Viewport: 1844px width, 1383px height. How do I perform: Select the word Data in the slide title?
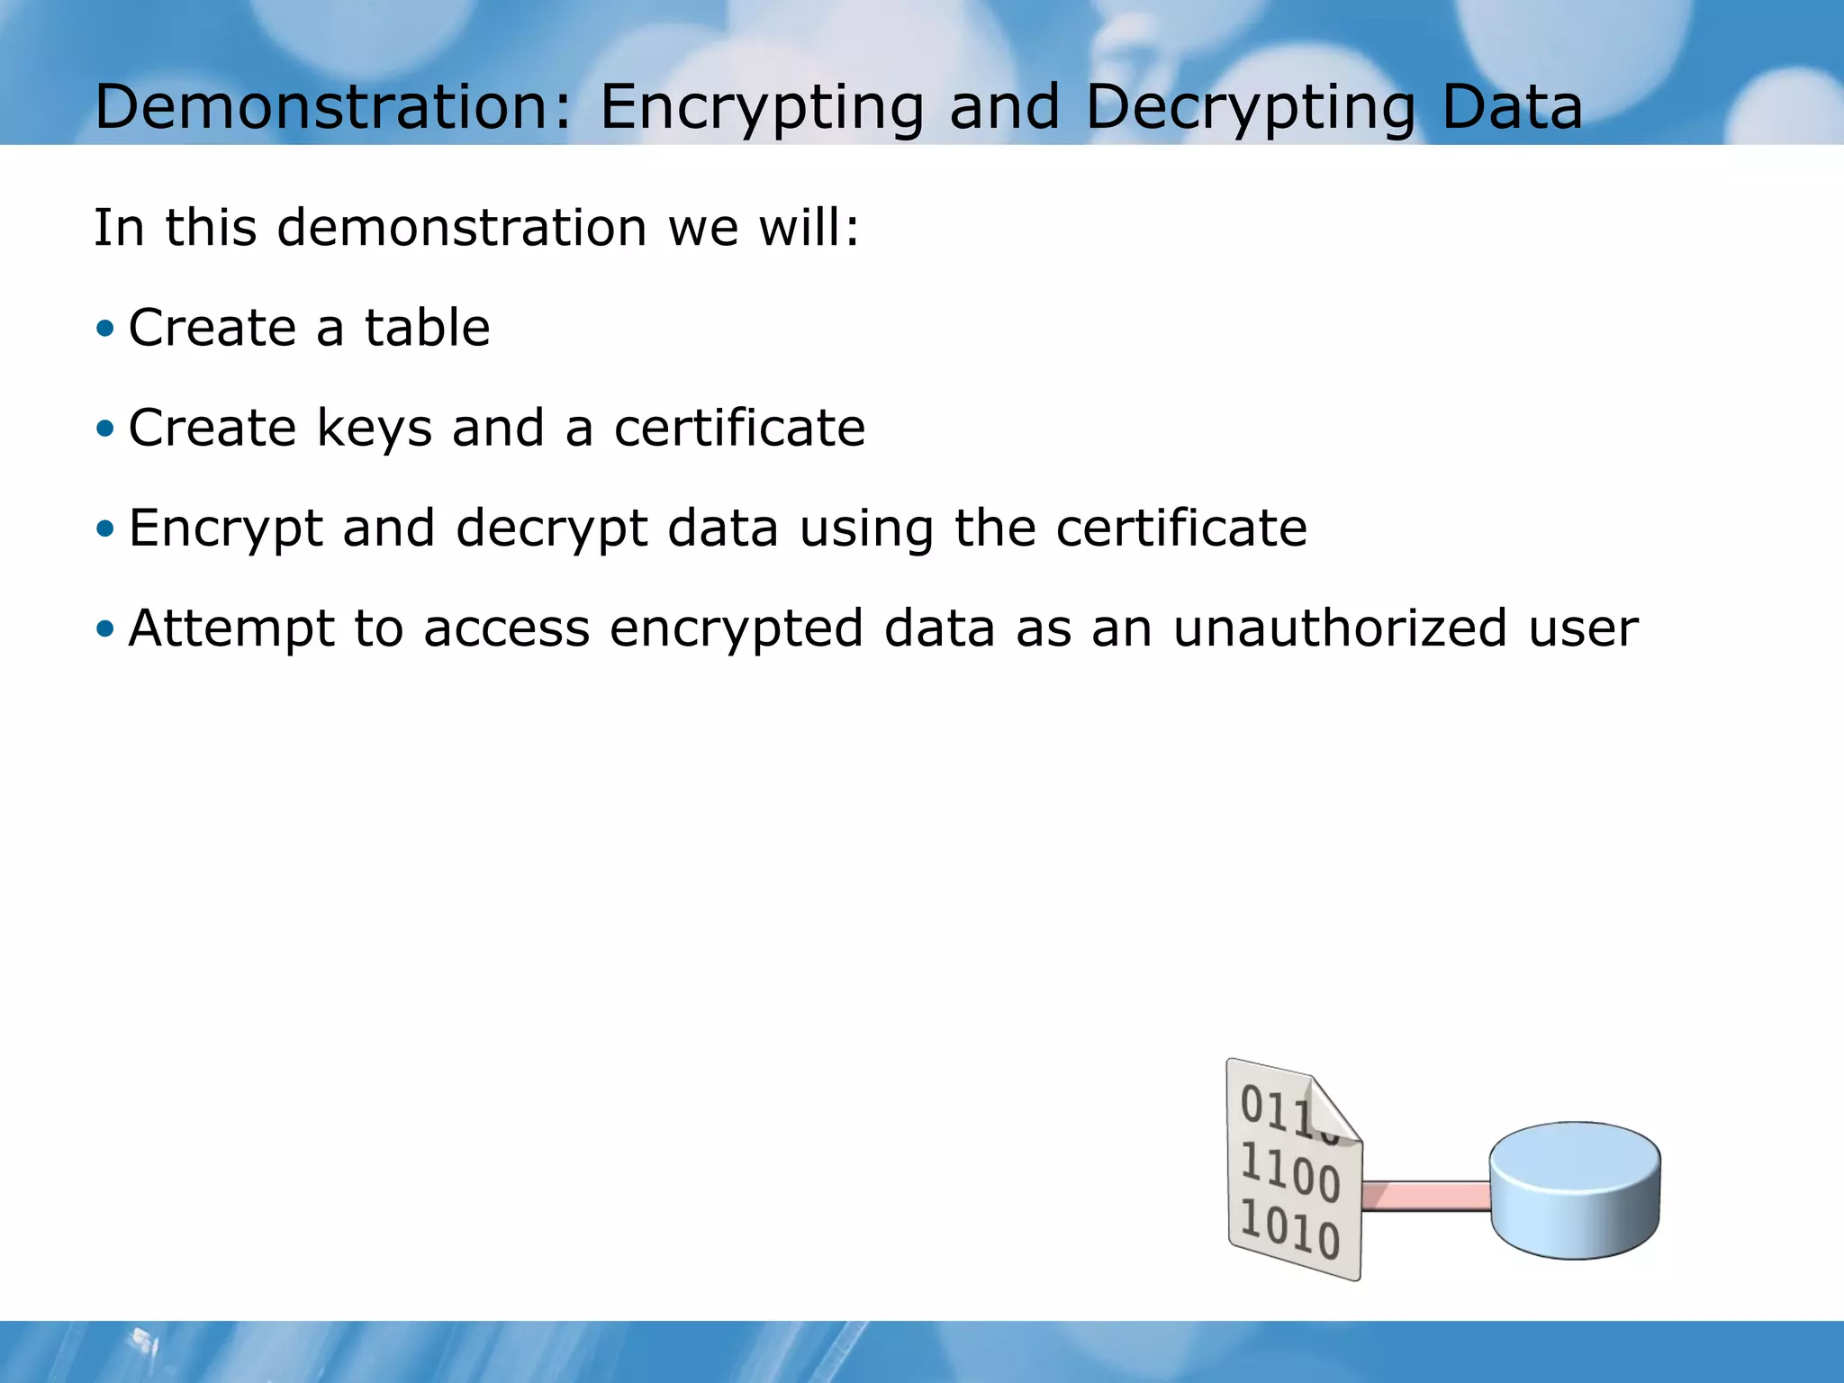(x=1512, y=106)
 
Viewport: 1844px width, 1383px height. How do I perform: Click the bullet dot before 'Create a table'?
(x=105, y=328)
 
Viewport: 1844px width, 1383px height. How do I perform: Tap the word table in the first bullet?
(x=427, y=327)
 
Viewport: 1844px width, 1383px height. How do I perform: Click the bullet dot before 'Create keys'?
(x=105, y=428)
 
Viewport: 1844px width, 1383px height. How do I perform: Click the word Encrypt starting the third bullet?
(x=225, y=529)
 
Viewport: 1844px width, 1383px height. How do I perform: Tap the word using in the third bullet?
(x=866, y=529)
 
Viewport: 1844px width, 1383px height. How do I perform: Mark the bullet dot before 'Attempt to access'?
(x=105, y=628)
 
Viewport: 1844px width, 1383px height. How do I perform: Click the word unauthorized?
(x=1340, y=628)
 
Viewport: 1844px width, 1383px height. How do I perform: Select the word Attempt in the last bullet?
(x=230, y=628)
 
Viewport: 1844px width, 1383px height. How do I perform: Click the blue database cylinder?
(x=1575, y=1190)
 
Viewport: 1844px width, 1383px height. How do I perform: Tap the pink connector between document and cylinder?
(x=1426, y=1196)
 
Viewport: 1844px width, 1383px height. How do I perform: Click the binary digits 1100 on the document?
(x=1289, y=1172)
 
